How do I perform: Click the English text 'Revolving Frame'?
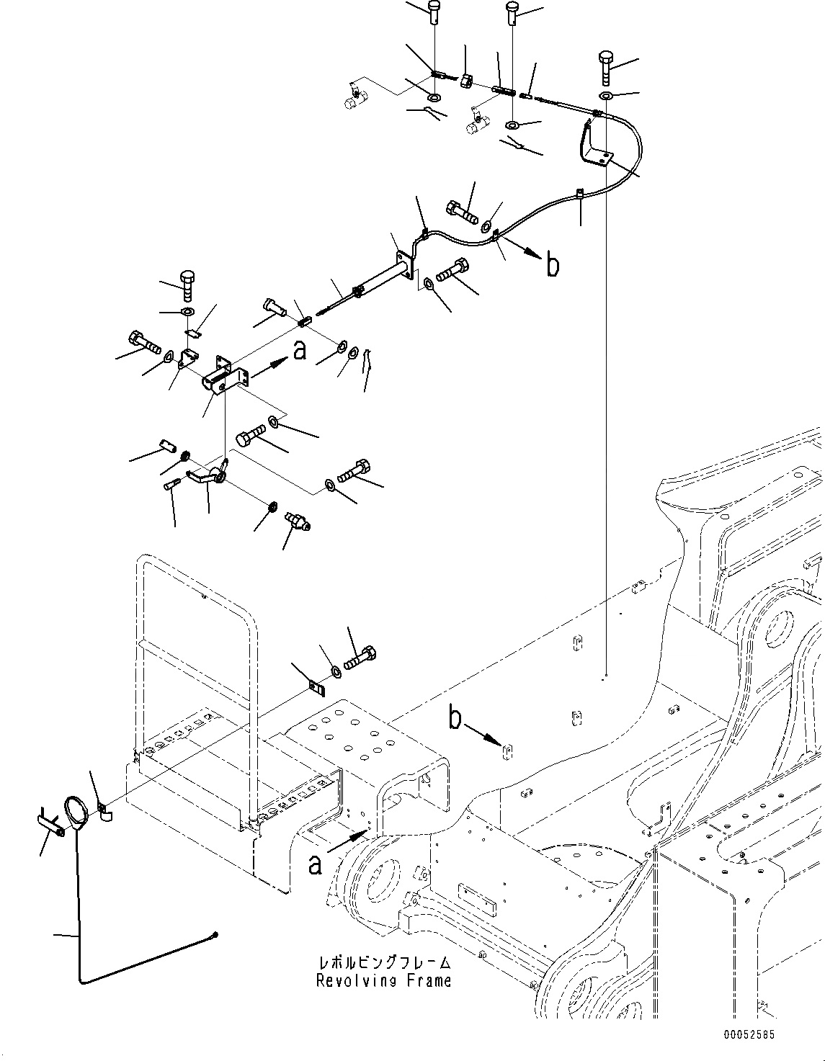tap(383, 980)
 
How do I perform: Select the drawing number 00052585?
tap(750, 1035)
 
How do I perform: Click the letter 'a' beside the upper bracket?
tap(300, 350)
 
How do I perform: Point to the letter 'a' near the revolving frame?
tap(314, 864)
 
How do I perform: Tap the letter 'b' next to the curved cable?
tap(552, 266)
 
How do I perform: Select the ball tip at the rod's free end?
tap(215, 935)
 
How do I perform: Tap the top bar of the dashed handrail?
tap(195, 560)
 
